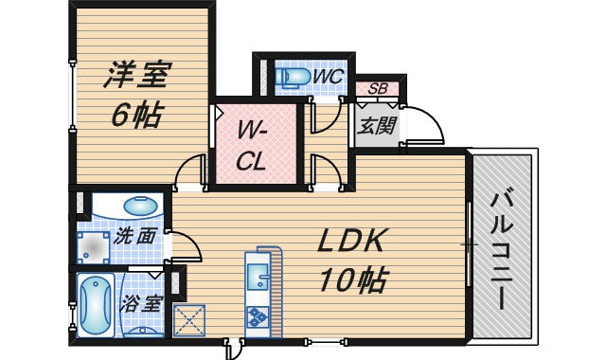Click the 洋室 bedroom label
pyautogui.click(x=136, y=75)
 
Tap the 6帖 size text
pyautogui.click(x=136, y=114)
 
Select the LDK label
pyautogui.click(x=351, y=241)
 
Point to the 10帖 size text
pyautogui.click(x=352, y=279)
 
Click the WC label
pyautogui.click(x=328, y=77)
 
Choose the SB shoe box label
pyautogui.click(x=378, y=88)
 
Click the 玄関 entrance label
pyautogui.click(x=376, y=126)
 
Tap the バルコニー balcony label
pyautogui.click(x=503, y=251)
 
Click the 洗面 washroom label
pyautogui.click(x=135, y=236)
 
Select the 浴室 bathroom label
pyautogui.click(x=141, y=303)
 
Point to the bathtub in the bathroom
pyautogui.click(x=96, y=304)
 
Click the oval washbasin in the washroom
pyautogui.click(x=141, y=206)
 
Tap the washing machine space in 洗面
pyautogui.click(x=93, y=247)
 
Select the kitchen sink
pyautogui.click(x=258, y=277)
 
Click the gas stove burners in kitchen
pyautogui.click(x=258, y=316)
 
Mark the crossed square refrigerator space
pyautogui.click(x=189, y=320)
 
